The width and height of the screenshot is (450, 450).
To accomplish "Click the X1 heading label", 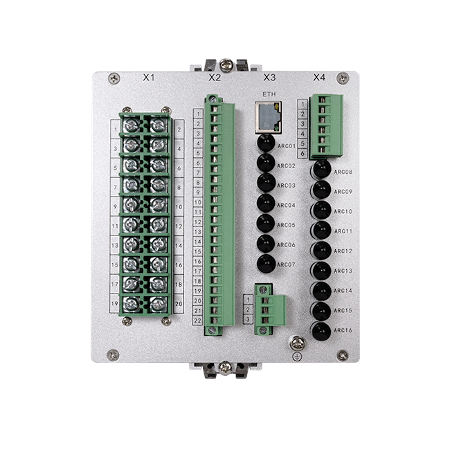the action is (149, 78).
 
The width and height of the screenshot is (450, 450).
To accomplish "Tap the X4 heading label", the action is (319, 78).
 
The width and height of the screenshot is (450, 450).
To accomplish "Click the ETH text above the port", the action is (269, 94).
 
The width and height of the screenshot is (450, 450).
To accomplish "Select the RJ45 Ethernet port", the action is (269, 117).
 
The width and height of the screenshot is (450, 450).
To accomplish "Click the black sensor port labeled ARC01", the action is (266, 143).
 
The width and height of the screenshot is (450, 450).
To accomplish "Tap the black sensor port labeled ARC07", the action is (266, 263).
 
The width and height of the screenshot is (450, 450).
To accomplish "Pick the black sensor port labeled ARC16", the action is (321, 332).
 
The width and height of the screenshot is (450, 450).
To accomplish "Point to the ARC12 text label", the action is (343, 251).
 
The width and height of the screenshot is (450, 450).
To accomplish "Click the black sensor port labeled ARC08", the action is (321, 170).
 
